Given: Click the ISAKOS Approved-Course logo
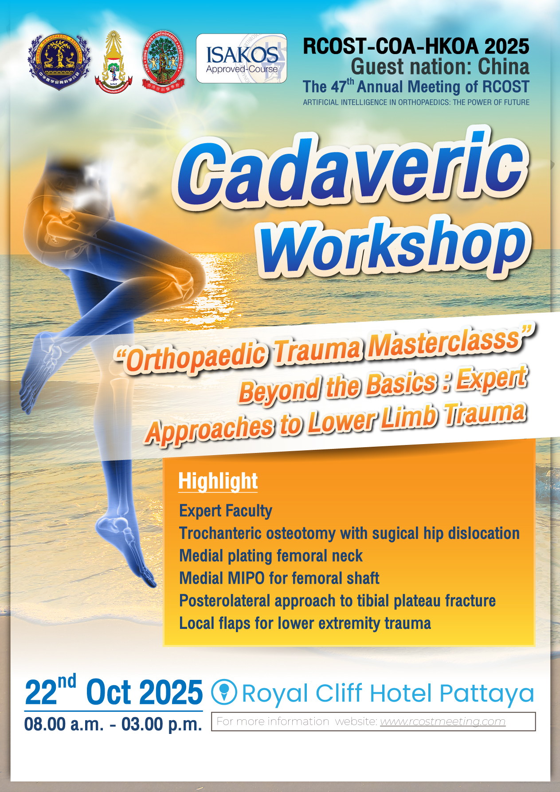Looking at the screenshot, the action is (x=241, y=59).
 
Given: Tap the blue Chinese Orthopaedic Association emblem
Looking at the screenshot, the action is (x=59, y=62).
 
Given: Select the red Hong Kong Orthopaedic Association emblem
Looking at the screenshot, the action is (x=163, y=60).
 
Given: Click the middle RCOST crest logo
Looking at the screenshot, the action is (x=114, y=60).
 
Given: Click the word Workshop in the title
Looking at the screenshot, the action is (x=395, y=248).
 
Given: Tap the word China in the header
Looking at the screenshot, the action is (x=504, y=67).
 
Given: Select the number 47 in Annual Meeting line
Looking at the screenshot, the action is (x=339, y=87).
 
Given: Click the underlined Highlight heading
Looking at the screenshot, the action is (x=218, y=481).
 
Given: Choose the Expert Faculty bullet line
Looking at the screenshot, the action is (x=226, y=511).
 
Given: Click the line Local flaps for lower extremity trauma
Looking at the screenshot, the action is (x=305, y=623).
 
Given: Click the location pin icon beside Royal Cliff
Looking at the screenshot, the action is (x=224, y=692).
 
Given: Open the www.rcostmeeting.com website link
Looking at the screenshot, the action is (x=443, y=722).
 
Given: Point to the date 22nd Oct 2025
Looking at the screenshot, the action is (x=114, y=691).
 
